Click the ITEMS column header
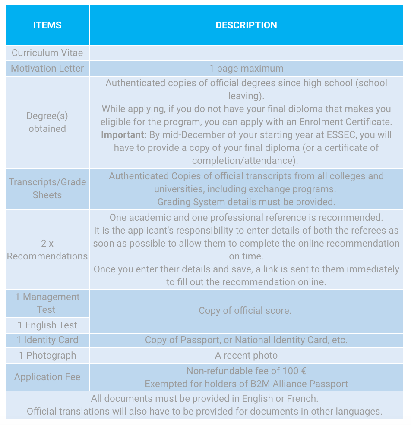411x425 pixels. [47, 25]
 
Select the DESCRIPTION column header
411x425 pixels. [246, 25]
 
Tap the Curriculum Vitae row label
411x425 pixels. [47, 53]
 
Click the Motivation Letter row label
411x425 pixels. [47, 68]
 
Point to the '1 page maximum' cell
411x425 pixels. [246, 68]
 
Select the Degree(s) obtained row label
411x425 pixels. [47, 122]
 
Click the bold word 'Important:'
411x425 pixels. [124, 134]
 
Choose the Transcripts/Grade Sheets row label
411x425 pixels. [47, 188]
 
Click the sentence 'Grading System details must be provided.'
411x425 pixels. [246, 201]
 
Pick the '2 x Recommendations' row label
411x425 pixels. [47, 250]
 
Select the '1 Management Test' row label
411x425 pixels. [47, 303]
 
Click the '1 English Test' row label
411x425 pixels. [47, 325]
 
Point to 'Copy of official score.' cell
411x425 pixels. [245, 310]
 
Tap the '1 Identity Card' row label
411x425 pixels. [47, 340]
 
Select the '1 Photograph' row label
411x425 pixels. [47, 355]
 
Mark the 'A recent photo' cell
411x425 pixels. [246, 355]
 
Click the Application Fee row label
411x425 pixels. [47, 377]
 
